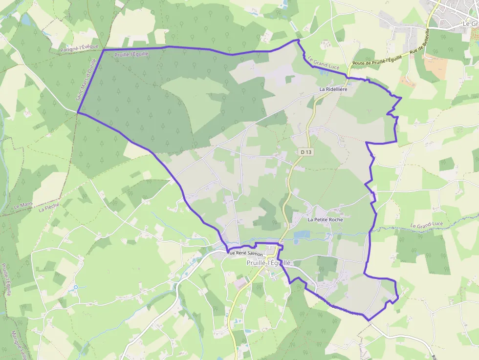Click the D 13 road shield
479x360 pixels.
[306, 152]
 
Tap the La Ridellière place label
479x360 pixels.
[333, 89]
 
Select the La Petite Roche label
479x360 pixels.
[325, 220]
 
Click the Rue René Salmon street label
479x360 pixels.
[245, 254]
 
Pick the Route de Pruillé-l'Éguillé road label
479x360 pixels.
[377, 61]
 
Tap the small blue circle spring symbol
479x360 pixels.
[76, 287]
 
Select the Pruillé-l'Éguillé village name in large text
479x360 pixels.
[268, 263]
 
